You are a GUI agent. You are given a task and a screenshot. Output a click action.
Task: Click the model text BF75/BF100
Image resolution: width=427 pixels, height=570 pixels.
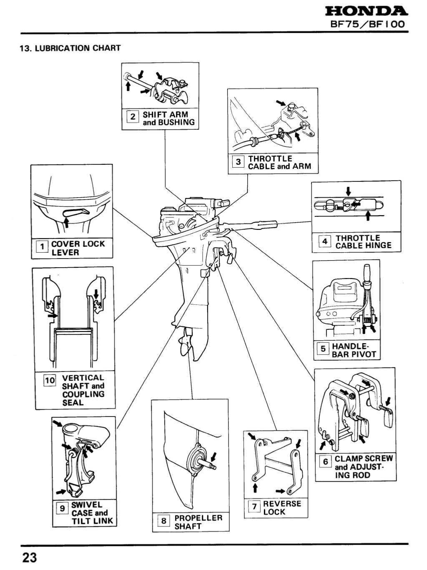coord(367,24)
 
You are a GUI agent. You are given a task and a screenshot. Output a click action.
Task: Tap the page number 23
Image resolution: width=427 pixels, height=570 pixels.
coord(30,557)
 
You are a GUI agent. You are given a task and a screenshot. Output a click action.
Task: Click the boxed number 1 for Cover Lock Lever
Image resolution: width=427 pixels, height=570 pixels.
coord(42,247)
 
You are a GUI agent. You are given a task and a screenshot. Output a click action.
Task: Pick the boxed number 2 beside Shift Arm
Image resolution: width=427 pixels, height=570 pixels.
coord(133,117)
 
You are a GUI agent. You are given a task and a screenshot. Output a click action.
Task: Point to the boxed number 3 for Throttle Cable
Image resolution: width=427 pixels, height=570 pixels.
coord(238,162)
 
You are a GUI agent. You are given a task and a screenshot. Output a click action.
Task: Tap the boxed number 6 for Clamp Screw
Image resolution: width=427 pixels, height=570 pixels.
coord(326,462)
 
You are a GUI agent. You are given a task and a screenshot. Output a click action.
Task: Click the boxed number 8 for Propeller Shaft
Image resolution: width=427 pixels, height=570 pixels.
coord(164,521)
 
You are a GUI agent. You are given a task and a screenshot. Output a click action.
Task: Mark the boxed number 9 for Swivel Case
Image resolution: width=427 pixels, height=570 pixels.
coord(62,508)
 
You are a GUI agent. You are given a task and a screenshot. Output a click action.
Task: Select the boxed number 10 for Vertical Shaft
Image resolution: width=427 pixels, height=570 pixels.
coord(50,380)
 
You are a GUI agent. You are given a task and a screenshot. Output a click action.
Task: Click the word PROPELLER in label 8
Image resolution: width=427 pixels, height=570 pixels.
coord(198,518)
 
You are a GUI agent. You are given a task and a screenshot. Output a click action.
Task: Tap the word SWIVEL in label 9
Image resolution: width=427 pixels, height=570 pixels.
coord(86,505)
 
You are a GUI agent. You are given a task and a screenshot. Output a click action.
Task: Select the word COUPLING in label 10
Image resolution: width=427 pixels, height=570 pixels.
coord(83,394)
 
